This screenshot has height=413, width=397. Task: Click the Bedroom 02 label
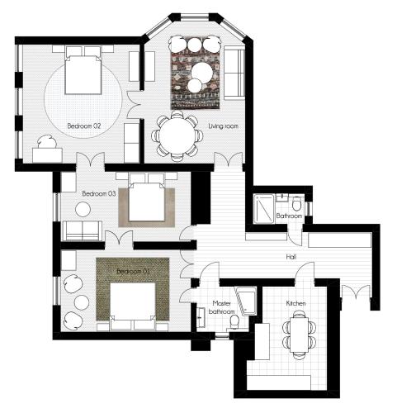(x=84, y=126)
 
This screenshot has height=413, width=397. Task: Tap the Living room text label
(x=223, y=126)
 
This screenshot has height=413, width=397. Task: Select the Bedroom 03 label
(x=99, y=193)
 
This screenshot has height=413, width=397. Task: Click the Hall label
(x=291, y=257)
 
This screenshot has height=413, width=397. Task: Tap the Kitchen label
(x=295, y=303)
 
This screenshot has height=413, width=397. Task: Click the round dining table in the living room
(x=177, y=136)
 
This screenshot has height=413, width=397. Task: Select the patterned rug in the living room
(x=196, y=73)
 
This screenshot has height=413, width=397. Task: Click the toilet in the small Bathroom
(x=296, y=204)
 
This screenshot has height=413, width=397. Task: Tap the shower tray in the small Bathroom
(x=264, y=209)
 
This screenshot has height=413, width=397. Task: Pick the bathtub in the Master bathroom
(x=247, y=301)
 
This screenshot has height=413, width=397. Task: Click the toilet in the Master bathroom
(x=234, y=322)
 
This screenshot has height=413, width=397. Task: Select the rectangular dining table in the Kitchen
(x=300, y=335)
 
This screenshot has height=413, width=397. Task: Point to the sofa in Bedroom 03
(x=83, y=230)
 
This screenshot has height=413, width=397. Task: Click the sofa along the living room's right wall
(x=234, y=73)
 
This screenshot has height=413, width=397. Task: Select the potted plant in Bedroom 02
(x=48, y=142)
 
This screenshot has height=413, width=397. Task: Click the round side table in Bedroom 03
(x=83, y=210)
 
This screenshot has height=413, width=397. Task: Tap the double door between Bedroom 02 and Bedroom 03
(x=90, y=160)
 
